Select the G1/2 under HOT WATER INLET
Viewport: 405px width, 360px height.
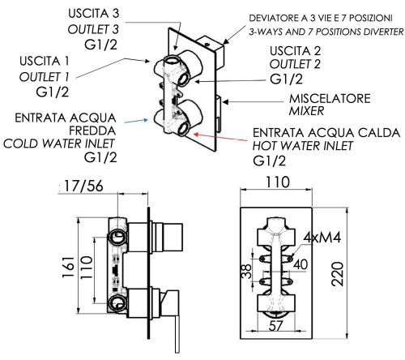click(271, 162)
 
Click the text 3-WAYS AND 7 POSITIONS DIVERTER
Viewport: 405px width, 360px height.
click(326, 32)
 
